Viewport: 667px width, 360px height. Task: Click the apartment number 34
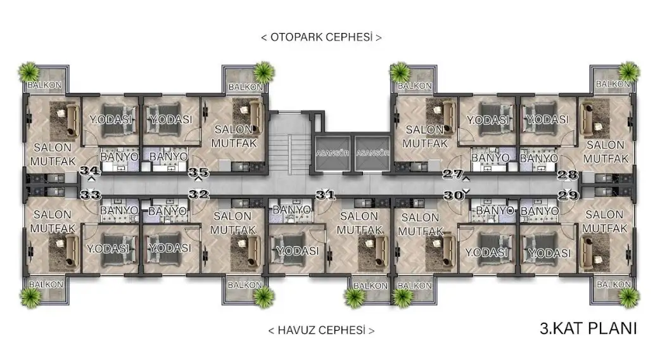(90, 170)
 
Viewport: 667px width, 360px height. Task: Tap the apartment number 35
(198, 172)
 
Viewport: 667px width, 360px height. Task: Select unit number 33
(90, 195)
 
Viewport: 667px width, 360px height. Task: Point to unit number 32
(199, 195)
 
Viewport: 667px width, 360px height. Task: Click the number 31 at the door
(326, 195)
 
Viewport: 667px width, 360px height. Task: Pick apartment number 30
(453, 196)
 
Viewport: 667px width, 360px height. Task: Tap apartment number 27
(453, 174)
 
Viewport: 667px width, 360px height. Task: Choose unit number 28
(568, 174)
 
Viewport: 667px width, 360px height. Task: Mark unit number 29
(568, 195)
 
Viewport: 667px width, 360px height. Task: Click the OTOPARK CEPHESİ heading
(321, 37)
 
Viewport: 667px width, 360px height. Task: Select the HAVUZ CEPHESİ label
(321, 330)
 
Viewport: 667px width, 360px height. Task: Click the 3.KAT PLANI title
(588, 328)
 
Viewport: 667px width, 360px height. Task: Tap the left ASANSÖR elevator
(332, 153)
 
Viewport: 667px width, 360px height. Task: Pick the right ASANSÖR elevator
(372, 153)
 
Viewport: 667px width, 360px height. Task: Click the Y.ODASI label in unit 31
(297, 251)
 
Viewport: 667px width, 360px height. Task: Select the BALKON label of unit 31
(371, 286)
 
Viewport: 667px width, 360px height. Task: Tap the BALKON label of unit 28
(613, 84)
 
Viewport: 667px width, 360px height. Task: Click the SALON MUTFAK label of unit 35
(234, 136)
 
